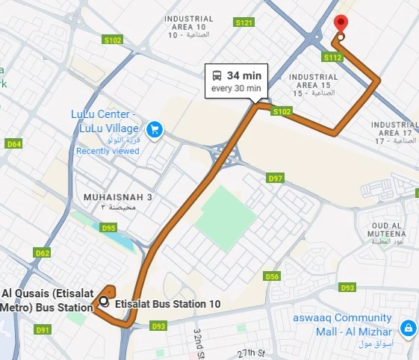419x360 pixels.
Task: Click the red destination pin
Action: coord(341,24)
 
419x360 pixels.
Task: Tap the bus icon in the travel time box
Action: coord(217,75)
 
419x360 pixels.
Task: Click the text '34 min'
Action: coord(244,75)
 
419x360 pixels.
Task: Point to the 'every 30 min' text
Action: coord(236,88)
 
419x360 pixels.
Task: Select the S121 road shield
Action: coord(244,23)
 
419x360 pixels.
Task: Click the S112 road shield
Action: coord(332,57)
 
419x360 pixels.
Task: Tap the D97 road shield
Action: coord(276,178)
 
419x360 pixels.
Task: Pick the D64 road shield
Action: coord(14,143)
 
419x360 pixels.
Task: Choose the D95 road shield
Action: coord(108,228)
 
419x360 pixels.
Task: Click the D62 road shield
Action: coord(43,253)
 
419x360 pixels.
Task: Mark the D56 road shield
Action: coord(272,276)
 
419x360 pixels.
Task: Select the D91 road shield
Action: coord(43,329)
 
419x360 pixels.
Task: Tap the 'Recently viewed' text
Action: coord(108,151)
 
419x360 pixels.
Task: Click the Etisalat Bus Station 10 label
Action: coord(168,304)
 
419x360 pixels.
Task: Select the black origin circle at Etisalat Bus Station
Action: coord(104,302)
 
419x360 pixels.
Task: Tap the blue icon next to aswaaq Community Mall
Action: coord(408,327)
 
